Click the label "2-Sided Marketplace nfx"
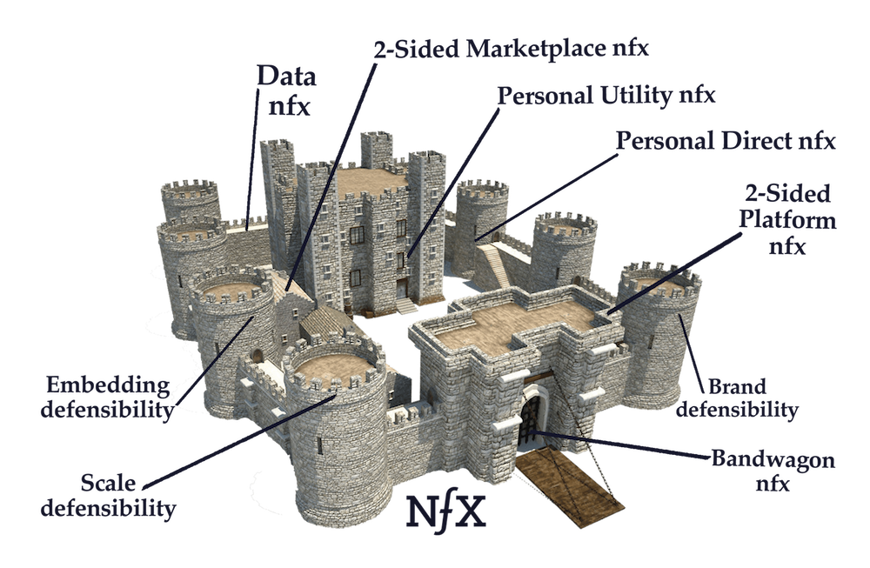(511, 49)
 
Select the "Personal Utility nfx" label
(606, 96)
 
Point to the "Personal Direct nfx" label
(726, 141)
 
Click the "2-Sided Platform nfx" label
(787, 220)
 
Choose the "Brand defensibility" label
(738, 398)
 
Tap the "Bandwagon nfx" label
(773, 471)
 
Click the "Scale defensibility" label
(108, 495)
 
